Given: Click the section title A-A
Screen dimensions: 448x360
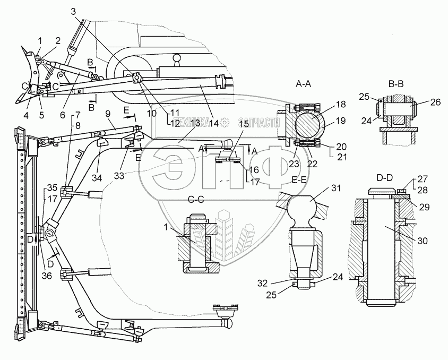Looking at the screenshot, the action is tap(304, 84).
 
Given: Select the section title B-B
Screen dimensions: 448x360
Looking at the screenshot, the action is tap(397, 84).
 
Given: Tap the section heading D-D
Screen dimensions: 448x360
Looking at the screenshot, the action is tap(385, 178).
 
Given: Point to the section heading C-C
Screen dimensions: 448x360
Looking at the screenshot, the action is tap(196, 200).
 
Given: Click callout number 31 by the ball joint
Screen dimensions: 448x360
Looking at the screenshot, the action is tap(336, 188).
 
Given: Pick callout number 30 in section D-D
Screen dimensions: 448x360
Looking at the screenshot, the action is tap(423, 241).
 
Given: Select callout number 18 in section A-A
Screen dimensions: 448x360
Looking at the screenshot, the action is tap(341, 104).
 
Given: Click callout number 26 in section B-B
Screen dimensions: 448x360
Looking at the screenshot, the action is tap(435, 102).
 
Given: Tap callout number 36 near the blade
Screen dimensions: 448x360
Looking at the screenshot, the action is tap(47, 276).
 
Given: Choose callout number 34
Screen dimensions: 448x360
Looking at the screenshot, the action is tap(97, 178).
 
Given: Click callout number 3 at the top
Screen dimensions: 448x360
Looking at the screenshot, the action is tap(73, 12).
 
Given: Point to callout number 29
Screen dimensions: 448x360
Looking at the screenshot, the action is tap(424, 207).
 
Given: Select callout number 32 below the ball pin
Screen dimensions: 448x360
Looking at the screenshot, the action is tap(262, 283).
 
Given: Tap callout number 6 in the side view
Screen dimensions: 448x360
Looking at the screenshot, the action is tap(63, 115).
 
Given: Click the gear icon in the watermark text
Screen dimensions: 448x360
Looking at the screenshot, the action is tap(225, 123).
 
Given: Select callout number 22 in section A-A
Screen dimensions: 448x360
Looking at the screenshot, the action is tap(312, 164).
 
